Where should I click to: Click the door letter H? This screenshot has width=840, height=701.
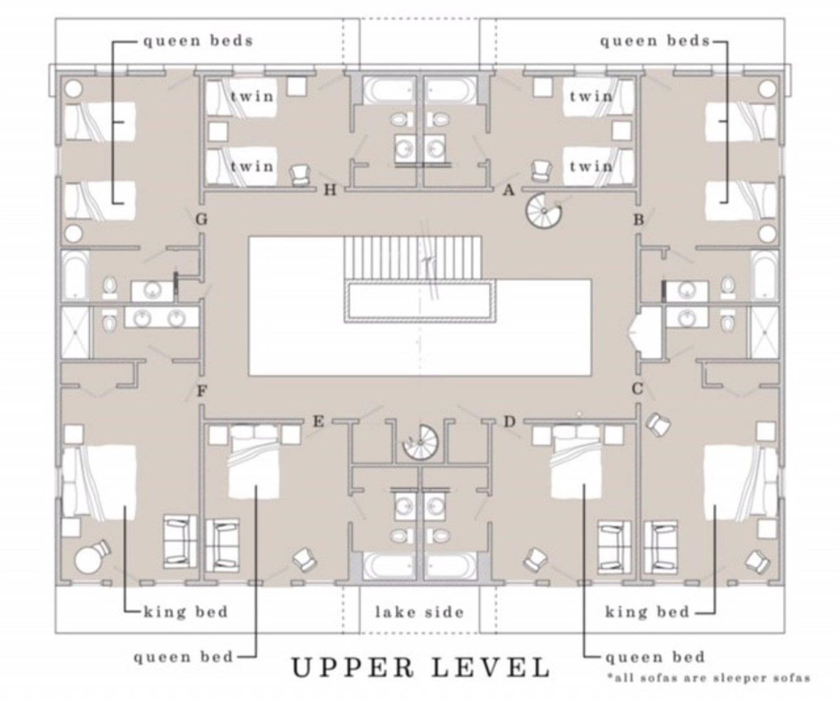point(330,190)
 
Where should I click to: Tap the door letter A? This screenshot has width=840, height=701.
point(508,190)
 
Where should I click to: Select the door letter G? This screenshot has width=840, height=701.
point(202,220)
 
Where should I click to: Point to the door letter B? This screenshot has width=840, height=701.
point(638,220)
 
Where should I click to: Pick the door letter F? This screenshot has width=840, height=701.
point(202,391)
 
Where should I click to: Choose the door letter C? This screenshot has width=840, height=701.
point(638,388)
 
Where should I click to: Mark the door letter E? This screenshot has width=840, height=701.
point(318,422)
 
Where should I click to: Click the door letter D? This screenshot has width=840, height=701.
point(509,422)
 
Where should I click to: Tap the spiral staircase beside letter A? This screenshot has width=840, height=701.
point(543,211)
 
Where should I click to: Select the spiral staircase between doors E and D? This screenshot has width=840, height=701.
point(421,442)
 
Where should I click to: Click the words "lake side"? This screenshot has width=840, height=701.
point(419,612)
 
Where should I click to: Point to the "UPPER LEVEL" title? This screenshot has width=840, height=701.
point(421,667)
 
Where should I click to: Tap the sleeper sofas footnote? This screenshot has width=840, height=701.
point(709,678)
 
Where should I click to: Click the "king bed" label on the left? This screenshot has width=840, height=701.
point(186,612)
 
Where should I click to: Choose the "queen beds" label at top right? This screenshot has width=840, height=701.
point(654,41)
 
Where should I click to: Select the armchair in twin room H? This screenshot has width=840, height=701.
point(299,175)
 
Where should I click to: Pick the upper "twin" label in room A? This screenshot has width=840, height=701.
point(591,96)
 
